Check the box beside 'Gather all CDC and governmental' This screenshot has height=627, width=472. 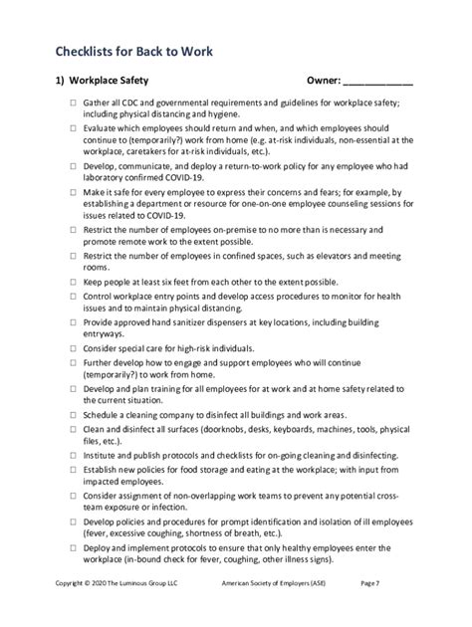(73, 104)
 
